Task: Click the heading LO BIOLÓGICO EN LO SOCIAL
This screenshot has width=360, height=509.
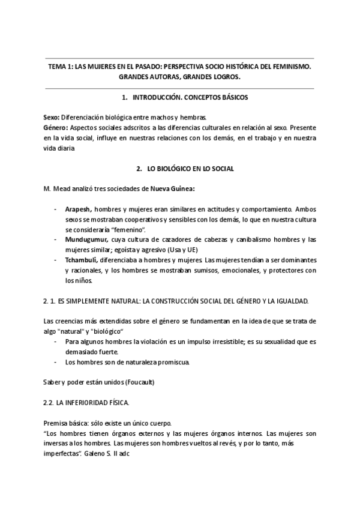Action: tap(190, 169)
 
